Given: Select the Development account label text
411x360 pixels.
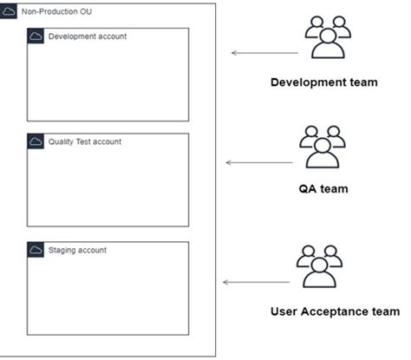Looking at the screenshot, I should [87, 36].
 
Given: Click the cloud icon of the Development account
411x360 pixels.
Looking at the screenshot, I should [36, 36].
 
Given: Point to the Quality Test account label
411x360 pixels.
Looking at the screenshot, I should [85, 141].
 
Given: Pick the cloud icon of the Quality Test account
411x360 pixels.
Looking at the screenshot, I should [36, 141].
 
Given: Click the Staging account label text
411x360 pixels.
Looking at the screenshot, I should [77, 250].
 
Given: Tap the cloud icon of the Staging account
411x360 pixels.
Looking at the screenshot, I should [36, 250].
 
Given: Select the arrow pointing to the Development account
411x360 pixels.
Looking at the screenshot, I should [264, 53].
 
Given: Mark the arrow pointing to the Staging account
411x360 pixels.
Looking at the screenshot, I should [257, 282].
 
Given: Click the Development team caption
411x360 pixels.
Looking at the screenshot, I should [323, 83].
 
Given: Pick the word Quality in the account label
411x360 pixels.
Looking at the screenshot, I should [62, 141].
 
